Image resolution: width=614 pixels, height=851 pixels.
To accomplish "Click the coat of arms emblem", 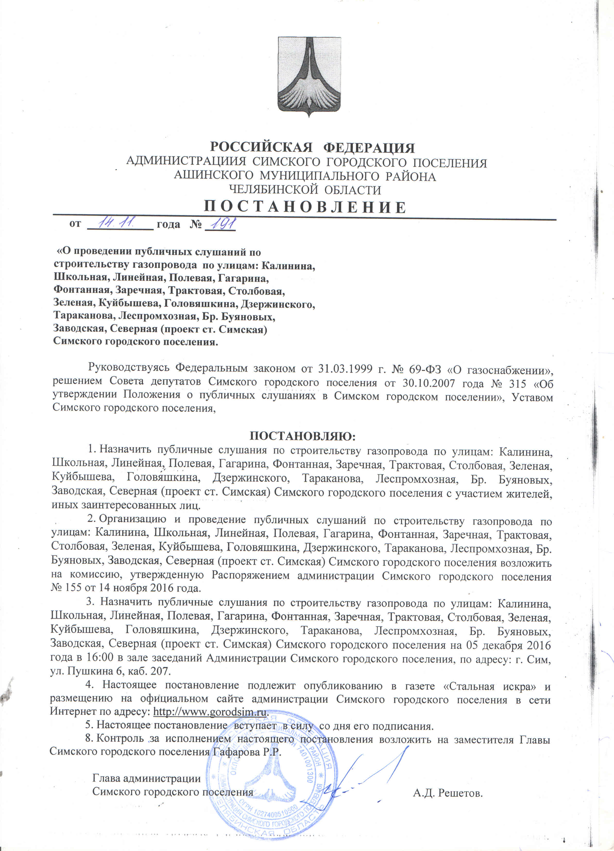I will click(309, 77).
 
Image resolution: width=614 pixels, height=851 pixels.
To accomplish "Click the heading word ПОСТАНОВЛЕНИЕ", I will click(305, 207).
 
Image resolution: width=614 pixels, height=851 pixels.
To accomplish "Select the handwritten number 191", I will click(223, 224).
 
